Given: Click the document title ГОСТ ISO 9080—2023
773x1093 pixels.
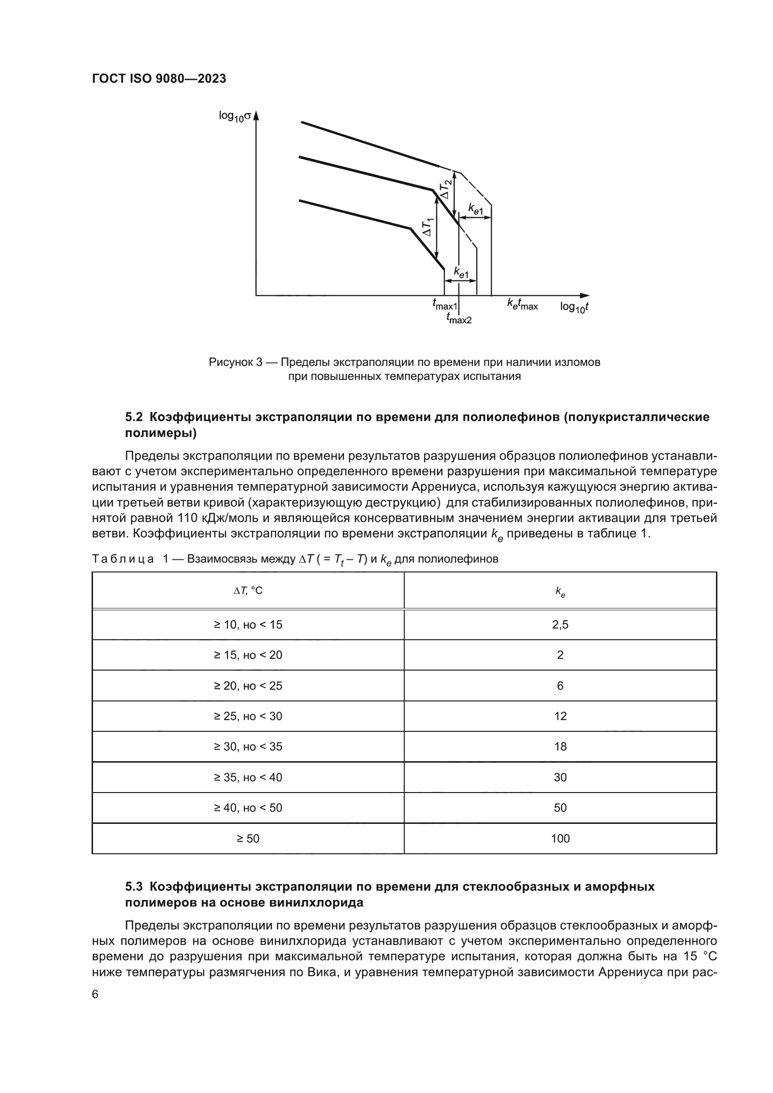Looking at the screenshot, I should (x=159, y=79).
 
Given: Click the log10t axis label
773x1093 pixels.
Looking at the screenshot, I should (x=574, y=307).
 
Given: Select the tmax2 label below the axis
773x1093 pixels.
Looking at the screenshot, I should (x=459, y=319).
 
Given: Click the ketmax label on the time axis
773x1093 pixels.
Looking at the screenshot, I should (x=522, y=305).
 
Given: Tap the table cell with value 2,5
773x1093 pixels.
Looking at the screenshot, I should (x=560, y=625).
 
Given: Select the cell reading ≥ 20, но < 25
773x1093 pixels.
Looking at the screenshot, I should (x=248, y=686).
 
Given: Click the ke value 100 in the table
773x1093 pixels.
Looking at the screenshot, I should (x=560, y=839).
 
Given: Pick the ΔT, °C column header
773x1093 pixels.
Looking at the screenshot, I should (x=248, y=591).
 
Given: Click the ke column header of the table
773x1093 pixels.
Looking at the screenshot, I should (x=560, y=592).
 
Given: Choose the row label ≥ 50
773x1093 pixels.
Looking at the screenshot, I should (x=248, y=839).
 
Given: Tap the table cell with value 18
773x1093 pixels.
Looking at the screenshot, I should (x=560, y=747).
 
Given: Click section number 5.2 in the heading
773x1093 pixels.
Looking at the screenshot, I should (x=134, y=417).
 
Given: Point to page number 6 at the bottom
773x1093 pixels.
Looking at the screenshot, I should (x=95, y=994).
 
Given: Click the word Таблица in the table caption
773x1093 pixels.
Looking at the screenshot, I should (x=123, y=559).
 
